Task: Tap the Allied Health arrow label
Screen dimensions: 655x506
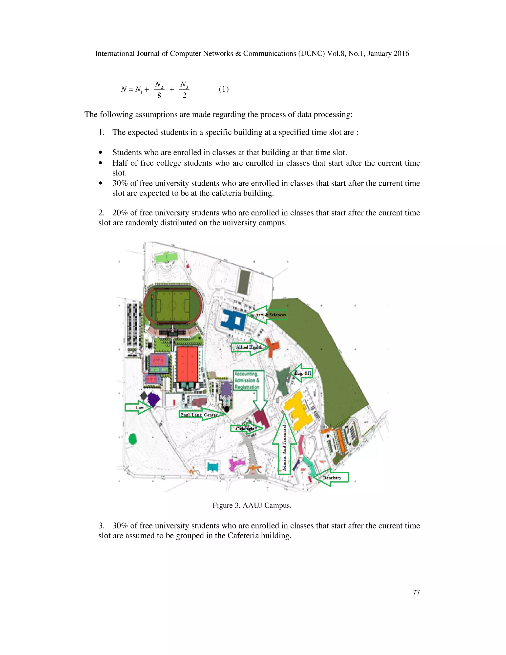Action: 249,347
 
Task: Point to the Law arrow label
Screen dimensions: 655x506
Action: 139,408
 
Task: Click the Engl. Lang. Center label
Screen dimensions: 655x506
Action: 199,415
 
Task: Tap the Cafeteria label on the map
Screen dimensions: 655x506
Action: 245,429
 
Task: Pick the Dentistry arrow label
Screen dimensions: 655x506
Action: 332,478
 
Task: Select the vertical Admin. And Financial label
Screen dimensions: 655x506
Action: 284,447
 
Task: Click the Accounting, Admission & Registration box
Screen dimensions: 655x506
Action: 247,380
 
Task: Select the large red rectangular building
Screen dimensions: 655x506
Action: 187,364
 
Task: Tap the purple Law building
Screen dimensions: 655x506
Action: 153,399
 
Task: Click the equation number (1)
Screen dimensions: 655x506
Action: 224,89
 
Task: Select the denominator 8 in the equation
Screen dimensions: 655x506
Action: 159,95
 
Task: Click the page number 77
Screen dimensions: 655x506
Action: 416,592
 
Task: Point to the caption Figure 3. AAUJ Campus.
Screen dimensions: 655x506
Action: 252,505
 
